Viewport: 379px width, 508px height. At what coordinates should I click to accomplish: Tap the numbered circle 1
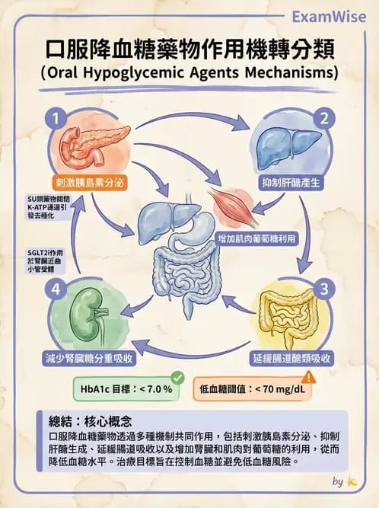click(x=54, y=118)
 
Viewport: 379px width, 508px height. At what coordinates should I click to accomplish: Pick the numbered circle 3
click(x=324, y=289)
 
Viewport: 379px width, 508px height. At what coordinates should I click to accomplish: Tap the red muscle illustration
click(x=228, y=205)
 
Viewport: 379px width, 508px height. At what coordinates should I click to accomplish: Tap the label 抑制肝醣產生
click(x=289, y=184)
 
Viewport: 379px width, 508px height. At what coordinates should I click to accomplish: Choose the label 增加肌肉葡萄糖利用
click(x=256, y=238)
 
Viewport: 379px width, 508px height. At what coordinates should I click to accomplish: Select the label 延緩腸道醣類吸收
click(x=291, y=356)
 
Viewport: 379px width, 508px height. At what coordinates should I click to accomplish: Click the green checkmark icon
click(x=177, y=377)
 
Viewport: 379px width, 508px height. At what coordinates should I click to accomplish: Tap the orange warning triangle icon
click(x=309, y=377)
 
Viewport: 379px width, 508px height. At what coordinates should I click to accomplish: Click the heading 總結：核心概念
click(x=90, y=420)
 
